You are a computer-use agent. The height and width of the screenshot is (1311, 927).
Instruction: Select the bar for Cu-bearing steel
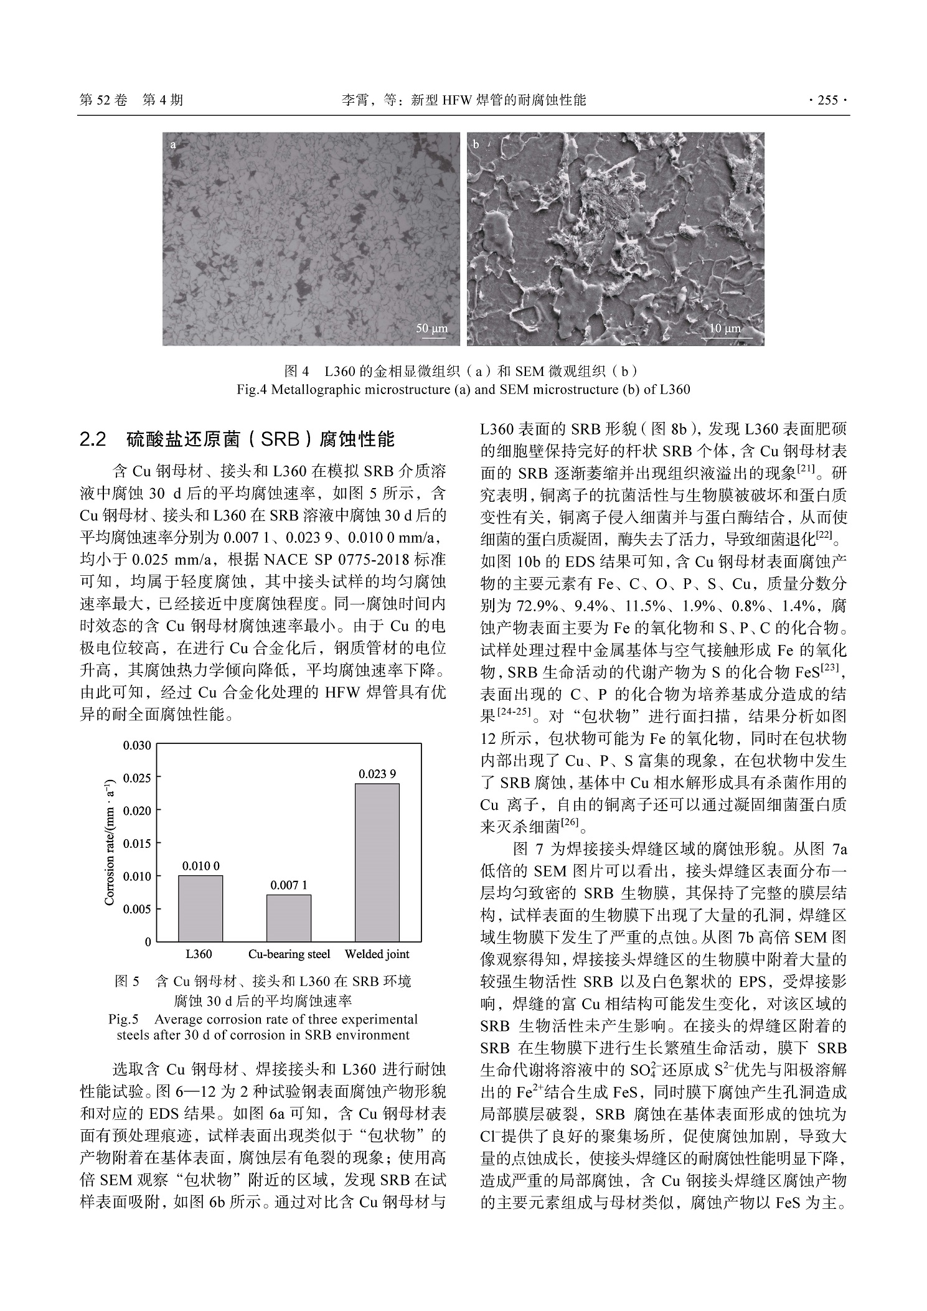click(x=289, y=918)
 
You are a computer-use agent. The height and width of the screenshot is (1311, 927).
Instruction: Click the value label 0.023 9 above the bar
click(x=377, y=774)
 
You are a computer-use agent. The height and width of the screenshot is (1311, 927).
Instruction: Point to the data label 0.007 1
click(x=289, y=885)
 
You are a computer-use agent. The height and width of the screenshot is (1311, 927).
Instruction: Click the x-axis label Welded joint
click(x=377, y=954)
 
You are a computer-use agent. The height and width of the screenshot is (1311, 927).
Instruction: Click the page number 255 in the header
click(x=827, y=100)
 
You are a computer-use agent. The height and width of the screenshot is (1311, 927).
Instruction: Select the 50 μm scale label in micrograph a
click(x=431, y=328)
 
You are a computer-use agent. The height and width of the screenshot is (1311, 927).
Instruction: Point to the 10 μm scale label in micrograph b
click(x=725, y=328)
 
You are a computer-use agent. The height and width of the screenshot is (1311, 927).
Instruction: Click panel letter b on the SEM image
click(x=476, y=145)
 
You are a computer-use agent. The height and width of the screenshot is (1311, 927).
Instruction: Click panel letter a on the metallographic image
click(x=172, y=145)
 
